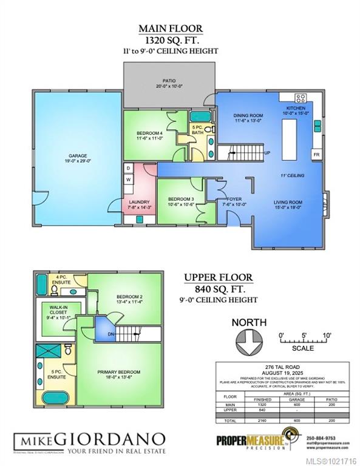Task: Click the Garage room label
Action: pyautogui.click(x=78, y=158)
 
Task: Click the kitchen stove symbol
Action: pyautogui.click(x=301, y=98)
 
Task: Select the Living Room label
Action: pyautogui.click(x=287, y=205)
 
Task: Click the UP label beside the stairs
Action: pyautogui.click(x=267, y=153)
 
